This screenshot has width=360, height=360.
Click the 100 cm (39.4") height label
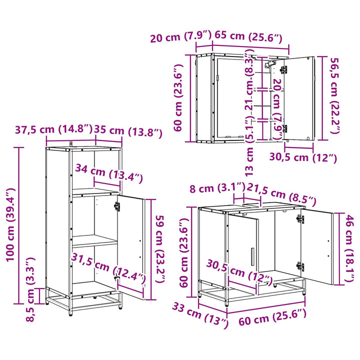point(10,224)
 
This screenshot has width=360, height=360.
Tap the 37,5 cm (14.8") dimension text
point(53,129)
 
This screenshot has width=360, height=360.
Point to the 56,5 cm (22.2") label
point(334,95)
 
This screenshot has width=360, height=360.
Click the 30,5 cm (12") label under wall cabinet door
point(303,157)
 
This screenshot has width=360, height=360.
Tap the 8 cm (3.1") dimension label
point(217,188)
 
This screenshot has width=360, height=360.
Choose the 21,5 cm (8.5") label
point(281,194)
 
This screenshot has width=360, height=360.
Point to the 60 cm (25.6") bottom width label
point(272,317)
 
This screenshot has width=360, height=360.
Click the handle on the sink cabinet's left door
point(252,256)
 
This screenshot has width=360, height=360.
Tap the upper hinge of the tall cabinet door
point(117,206)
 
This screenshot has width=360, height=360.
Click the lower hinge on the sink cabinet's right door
point(300,266)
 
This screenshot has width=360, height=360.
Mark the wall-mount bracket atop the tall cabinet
point(71,143)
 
